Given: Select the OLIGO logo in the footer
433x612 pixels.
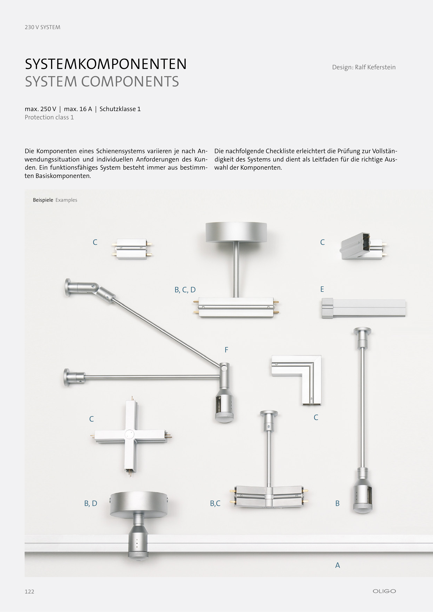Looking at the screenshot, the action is [384, 591].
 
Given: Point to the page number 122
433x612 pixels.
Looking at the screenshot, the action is [29, 592].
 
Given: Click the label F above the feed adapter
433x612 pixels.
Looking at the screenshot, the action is [226, 350].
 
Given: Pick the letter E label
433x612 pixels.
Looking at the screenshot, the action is [322, 289].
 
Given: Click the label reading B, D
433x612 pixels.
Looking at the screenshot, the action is [91, 503].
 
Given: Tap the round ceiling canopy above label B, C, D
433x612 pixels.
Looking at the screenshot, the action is [236, 232].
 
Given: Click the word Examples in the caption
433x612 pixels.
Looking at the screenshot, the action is [66, 200].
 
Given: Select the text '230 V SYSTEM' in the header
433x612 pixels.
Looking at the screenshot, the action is [42, 27].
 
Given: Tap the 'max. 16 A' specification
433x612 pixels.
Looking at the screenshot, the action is [78, 109].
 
